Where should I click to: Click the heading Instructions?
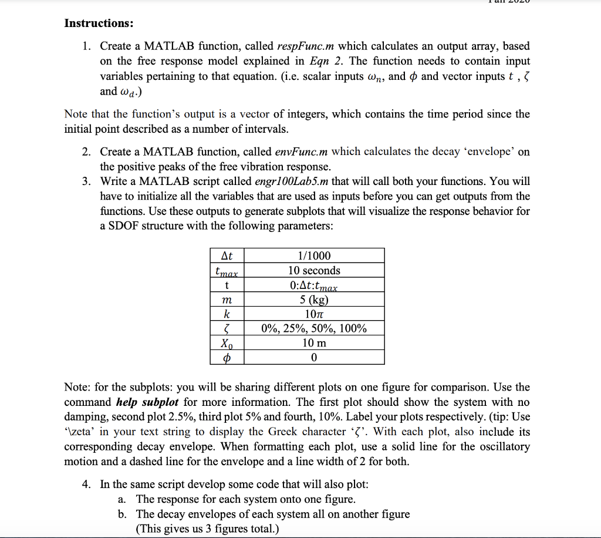point(99,23)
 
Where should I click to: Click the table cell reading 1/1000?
point(314,255)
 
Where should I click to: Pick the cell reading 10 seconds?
point(314,271)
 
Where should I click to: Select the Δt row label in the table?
point(227,255)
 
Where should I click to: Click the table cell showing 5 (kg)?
point(314,300)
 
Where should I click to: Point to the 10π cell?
point(314,314)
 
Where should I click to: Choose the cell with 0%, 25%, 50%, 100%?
point(314,328)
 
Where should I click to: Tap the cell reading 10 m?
point(314,342)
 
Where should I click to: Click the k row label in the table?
point(227,314)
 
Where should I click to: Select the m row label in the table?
point(227,300)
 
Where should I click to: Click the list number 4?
point(86,485)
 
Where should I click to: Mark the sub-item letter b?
point(122,514)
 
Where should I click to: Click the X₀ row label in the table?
point(227,342)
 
